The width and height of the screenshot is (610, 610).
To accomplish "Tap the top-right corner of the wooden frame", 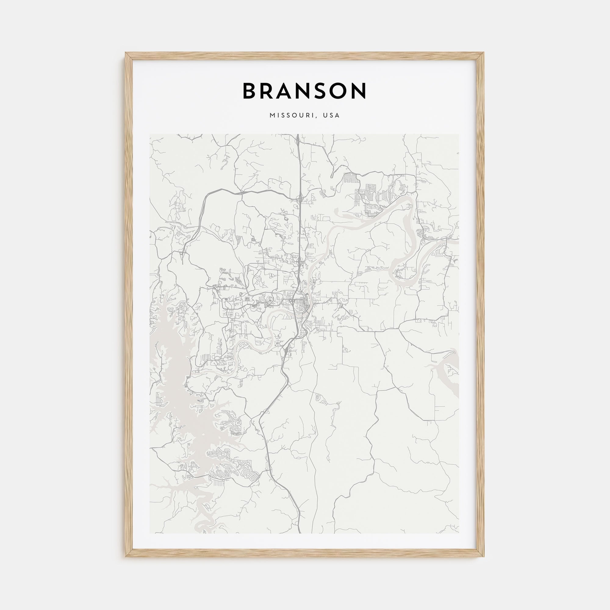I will tap(484, 53).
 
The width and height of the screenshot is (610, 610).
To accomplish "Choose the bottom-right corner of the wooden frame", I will tap(484, 556).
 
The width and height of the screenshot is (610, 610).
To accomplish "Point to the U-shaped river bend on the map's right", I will tap(404, 278).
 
